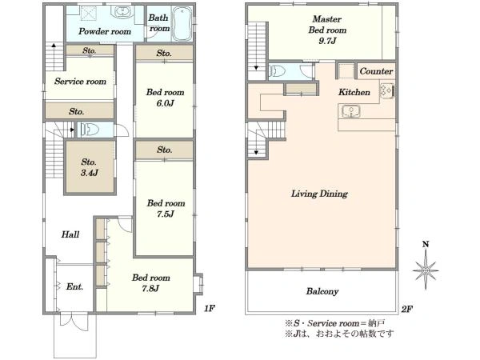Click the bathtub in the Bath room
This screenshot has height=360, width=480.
182,24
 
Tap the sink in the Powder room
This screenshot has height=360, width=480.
122,12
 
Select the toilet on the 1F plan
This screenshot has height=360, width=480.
90,130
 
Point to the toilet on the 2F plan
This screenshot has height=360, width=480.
278,71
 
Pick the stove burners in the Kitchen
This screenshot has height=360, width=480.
386,90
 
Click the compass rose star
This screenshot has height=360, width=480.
426,270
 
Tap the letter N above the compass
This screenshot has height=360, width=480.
426,244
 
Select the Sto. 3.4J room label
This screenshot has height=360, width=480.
89,167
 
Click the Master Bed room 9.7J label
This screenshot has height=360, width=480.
327,30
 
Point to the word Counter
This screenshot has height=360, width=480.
376,71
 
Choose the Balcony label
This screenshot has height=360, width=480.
322,291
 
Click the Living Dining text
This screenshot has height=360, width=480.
319,194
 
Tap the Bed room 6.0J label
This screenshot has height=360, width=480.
165,98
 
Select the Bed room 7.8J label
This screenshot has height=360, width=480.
151,283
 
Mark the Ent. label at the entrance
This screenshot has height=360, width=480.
74,286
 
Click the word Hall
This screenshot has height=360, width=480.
70,234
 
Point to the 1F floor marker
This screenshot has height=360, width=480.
210,308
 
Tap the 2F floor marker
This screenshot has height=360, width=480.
407,309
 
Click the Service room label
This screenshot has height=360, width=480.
80,81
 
